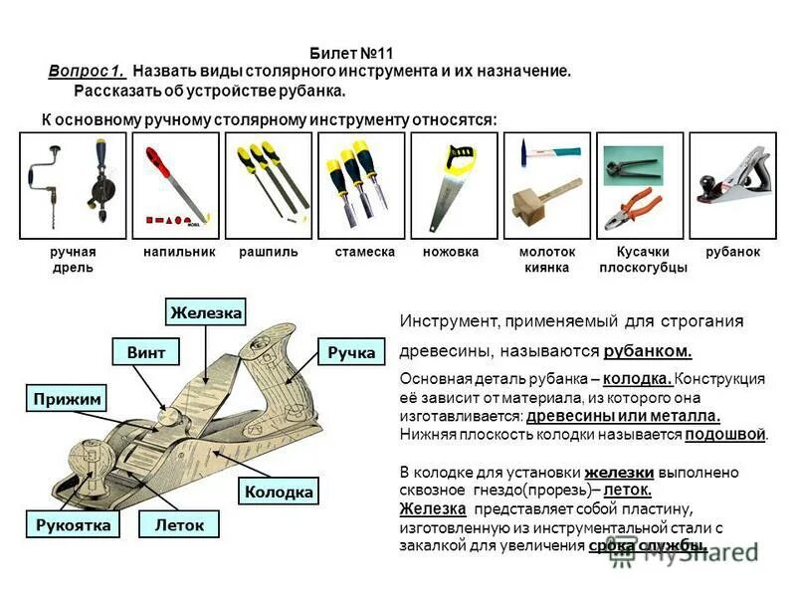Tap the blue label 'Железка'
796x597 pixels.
(x=206, y=312)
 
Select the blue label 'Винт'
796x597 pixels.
(x=146, y=352)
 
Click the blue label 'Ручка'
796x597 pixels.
(x=351, y=352)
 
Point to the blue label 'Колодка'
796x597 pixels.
(x=278, y=492)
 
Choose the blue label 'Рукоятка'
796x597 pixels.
(x=72, y=524)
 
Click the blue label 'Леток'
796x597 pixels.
(x=179, y=524)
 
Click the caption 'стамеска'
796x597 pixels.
(x=364, y=253)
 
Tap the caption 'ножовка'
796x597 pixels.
(x=450, y=253)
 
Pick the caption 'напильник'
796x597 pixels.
(x=179, y=253)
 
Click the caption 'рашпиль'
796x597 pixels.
(x=268, y=253)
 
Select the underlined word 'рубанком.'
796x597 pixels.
(x=647, y=351)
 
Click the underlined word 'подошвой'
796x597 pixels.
(x=725, y=434)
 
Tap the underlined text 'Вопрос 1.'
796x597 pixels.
(x=87, y=72)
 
